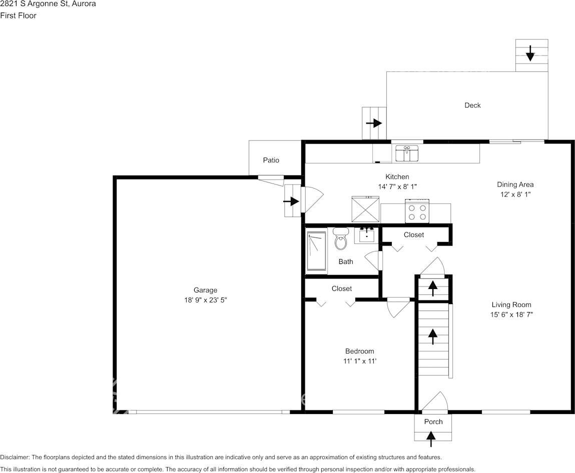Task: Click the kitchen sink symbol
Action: click(407, 153)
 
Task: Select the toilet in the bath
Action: click(341, 239)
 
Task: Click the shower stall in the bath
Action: click(316, 252)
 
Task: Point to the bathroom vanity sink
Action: click(367, 234)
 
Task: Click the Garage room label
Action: click(205, 290)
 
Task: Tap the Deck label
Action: click(472, 105)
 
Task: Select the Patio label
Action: click(271, 160)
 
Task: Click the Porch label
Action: click(433, 421)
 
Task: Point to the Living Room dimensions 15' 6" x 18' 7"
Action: click(511, 315)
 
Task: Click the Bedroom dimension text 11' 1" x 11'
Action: click(359, 361)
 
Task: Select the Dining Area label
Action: click(515, 184)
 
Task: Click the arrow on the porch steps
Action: click(430, 438)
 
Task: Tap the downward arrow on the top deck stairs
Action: click(530, 53)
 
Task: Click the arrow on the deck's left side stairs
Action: click(374, 123)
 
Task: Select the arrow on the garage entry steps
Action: click(291, 201)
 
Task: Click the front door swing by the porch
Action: click(434, 402)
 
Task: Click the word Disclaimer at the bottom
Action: click(15, 457)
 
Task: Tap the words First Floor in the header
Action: click(18, 15)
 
